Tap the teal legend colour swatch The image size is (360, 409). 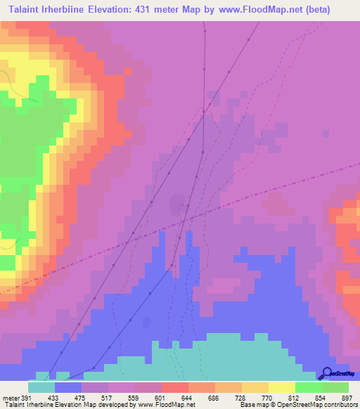(41, 387)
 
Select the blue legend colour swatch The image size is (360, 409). (68, 387)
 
